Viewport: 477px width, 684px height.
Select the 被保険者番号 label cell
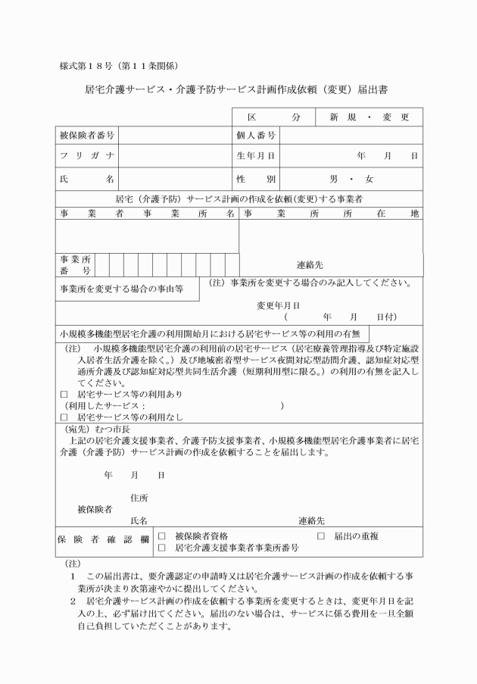[86, 136]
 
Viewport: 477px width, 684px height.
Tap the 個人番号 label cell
[255, 136]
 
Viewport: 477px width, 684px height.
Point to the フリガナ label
[86, 156]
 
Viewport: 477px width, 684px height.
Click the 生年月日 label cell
[255, 156]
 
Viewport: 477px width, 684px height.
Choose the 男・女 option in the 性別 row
[351, 180]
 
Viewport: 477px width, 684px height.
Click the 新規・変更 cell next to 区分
[369, 117]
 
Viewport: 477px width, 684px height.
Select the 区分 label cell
[273, 117]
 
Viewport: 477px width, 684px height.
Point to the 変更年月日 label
[278, 305]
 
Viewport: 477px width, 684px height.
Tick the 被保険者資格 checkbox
[161, 536]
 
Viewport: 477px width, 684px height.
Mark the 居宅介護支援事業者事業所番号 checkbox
[161, 547]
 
